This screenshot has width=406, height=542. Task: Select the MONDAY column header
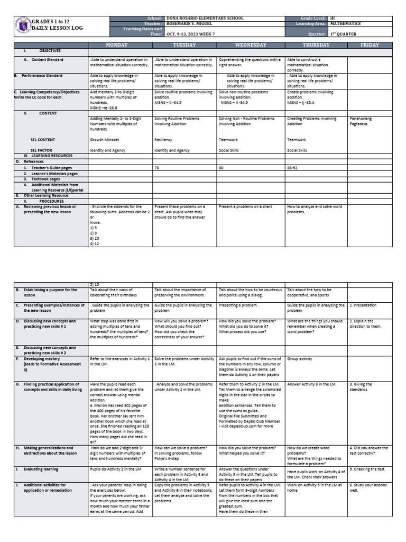point(121,45)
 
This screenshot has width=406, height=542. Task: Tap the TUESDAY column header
point(184,45)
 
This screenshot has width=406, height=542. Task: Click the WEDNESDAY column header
point(250,45)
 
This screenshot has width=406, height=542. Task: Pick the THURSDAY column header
point(316,45)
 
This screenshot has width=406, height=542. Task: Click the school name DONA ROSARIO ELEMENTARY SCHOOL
point(205,18)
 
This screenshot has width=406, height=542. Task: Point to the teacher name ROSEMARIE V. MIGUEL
point(195,23)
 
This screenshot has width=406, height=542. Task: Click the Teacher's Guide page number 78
point(156,167)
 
